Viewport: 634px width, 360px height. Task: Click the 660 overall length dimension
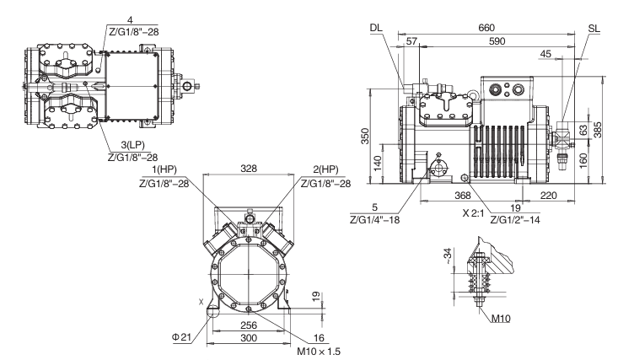click(x=486, y=28)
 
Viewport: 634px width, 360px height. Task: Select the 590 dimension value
click(x=497, y=41)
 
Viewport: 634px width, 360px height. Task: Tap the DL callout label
click(x=376, y=28)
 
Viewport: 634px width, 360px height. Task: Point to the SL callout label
click(x=594, y=29)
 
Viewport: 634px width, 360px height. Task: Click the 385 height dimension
click(x=598, y=130)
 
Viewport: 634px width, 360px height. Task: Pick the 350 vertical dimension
click(x=365, y=136)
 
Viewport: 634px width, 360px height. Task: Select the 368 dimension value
click(x=463, y=196)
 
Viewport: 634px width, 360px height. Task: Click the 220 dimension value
click(x=549, y=196)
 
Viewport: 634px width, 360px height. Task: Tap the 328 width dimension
click(x=248, y=169)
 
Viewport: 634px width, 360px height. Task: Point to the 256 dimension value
click(x=249, y=325)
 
